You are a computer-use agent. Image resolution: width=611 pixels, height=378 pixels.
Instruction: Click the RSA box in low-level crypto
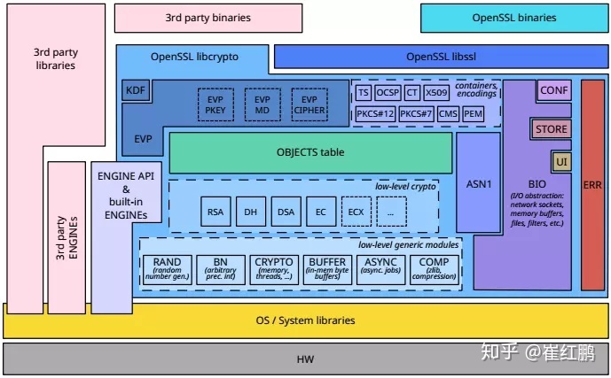pyautogui.click(x=215, y=212)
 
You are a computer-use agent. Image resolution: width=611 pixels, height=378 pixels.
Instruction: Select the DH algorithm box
pyautogui.click(x=251, y=212)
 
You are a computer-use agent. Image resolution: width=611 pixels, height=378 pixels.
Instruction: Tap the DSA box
pyautogui.click(x=286, y=212)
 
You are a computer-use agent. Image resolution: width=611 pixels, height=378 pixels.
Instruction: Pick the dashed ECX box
pyautogui.click(x=356, y=212)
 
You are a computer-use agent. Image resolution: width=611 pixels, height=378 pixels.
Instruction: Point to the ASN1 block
pyautogui.click(x=477, y=184)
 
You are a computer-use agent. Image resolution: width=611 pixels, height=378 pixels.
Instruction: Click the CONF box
pyautogui.click(x=554, y=90)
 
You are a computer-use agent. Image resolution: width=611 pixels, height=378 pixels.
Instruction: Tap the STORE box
pyautogui.click(x=551, y=129)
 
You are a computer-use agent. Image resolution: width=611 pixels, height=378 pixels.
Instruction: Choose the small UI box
pyautogui.click(x=560, y=161)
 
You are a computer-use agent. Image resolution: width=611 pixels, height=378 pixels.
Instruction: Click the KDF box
pyautogui.click(x=136, y=91)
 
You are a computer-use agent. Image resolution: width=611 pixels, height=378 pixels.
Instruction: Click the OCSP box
pyautogui.click(x=388, y=92)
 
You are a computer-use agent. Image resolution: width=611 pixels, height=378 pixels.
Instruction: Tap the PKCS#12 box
pyautogui.click(x=373, y=114)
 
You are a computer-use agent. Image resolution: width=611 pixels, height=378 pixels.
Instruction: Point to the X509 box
pyautogui.click(x=435, y=92)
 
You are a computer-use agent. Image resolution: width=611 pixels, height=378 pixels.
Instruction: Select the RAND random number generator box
pyautogui.click(x=167, y=267)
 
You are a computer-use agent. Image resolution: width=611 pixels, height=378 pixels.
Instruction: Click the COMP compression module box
pyautogui.click(x=434, y=267)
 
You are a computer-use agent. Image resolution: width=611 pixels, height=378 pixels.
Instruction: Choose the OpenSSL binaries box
pyautogui.click(x=513, y=18)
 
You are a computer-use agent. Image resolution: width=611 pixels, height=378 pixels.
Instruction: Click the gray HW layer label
pyautogui.click(x=305, y=359)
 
